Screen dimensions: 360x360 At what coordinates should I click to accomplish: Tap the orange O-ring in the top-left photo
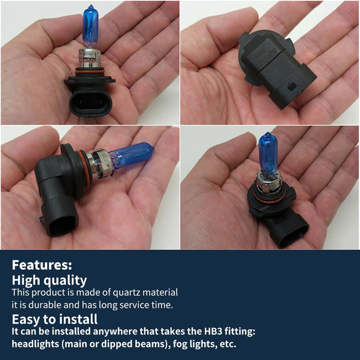[x=90, y=72]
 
